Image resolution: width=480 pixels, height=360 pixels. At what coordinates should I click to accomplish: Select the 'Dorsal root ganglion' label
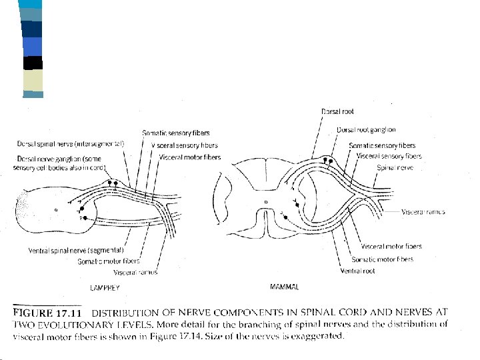coord(366,130)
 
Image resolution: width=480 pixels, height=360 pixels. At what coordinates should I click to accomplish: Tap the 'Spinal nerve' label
coord(395,168)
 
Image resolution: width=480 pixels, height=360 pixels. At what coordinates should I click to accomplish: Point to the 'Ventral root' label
coord(357,271)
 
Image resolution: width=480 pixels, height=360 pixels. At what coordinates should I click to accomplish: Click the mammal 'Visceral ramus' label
coord(423,212)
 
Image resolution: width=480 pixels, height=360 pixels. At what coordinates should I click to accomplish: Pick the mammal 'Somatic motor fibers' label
coord(382,259)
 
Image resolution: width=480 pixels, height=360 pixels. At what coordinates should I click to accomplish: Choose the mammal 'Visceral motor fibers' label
coord(391,247)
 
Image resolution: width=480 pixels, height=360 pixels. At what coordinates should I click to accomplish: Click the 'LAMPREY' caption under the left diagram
coord(104,287)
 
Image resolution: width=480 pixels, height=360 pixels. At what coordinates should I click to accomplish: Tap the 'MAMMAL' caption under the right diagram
coord(283,287)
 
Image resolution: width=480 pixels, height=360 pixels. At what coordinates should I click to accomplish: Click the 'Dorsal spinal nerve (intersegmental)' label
coord(70,144)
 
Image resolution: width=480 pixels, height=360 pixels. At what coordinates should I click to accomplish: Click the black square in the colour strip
coord(33,63)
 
